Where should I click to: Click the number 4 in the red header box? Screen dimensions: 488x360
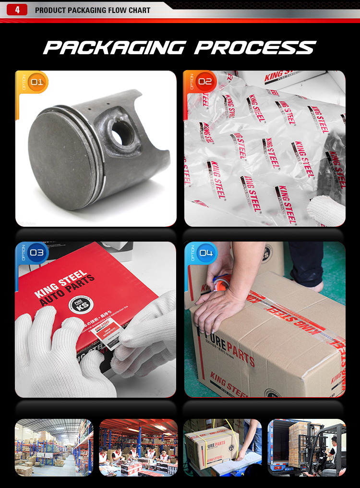18,10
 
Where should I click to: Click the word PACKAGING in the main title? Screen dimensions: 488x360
114,48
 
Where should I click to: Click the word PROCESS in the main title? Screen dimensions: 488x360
255,48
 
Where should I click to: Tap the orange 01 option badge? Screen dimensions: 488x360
36,82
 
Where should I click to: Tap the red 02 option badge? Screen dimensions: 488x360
205,82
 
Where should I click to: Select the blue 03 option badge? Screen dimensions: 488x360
36,253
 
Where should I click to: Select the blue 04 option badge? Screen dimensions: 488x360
206,253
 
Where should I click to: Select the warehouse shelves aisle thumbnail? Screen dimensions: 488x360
54,447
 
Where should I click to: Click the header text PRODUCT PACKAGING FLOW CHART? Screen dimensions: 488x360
93,10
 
